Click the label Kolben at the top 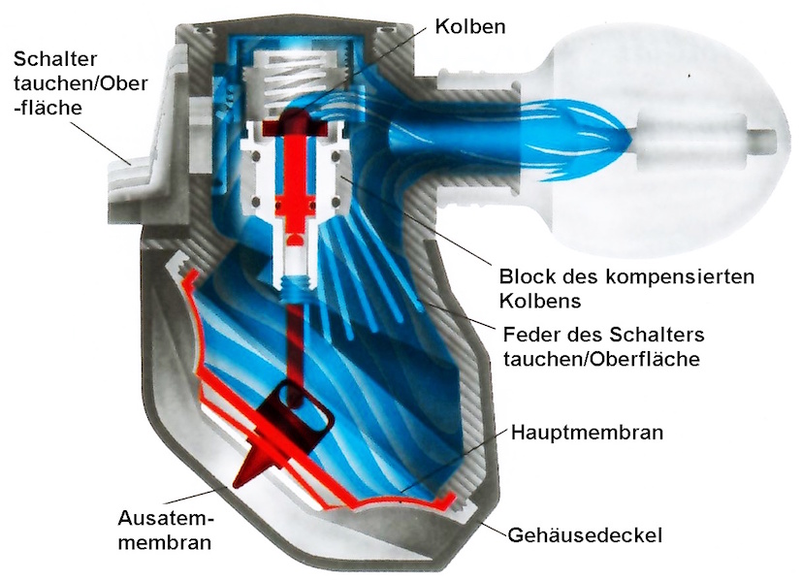pyautogui.click(x=470, y=26)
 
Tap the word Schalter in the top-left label pyautogui.click(x=54, y=59)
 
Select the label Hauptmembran pyautogui.click(x=587, y=433)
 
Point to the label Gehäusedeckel pyautogui.click(x=585, y=535)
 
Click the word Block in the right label pyautogui.click(x=528, y=276)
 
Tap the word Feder pyautogui.click(x=531, y=335)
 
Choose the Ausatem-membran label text pyautogui.click(x=166, y=530)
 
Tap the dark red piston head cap pyautogui.click(x=295, y=126)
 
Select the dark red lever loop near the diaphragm pyautogui.click(x=303, y=409)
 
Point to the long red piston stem pyautogui.click(x=295, y=179)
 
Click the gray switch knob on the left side pyautogui.click(x=134, y=179)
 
